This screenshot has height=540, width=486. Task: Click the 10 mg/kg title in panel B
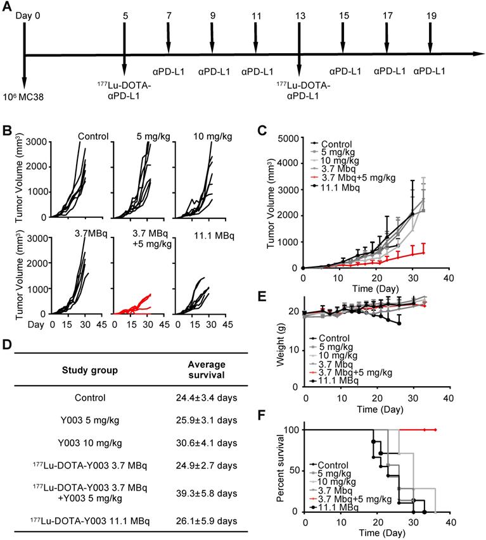pos(200,135)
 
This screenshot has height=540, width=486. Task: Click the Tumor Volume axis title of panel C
pos(269,203)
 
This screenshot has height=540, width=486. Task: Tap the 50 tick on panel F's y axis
pos(295,470)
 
